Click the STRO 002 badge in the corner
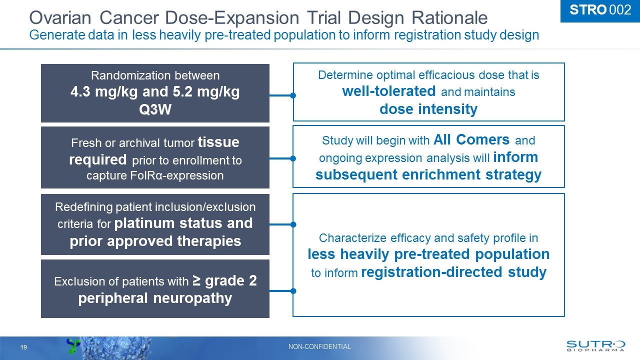[x=599, y=10]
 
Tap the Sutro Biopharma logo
[x=595, y=346]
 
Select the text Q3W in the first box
[x=155, y=109]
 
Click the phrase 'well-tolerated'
[x=389, y=91]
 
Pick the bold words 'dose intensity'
[x=428, y=109]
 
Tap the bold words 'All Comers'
[x=471, y=139]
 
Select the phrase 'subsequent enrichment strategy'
[x=428, y=174]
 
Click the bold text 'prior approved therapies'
[x=155, y=241]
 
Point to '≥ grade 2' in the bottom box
[x=225, y=281]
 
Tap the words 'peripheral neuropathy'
[x=155, y=298]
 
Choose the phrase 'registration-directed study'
[x=453, y=272]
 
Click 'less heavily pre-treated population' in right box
[x=428, y=254]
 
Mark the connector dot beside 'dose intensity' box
[x=293, y=95]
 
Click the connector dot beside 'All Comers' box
[x=293, y=158]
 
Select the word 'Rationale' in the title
[x=449, y=18]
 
